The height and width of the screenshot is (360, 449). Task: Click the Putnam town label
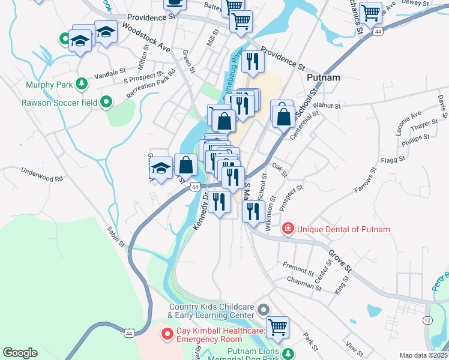point(323,77)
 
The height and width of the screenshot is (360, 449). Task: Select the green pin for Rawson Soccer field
point(106,103)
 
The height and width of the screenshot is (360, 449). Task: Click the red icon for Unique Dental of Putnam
point(288,229)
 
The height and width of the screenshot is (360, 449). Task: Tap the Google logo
point(20,353)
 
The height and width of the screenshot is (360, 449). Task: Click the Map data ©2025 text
point(423,355)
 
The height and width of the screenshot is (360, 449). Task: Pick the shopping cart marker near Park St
point(277,328)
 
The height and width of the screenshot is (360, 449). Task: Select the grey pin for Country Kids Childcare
point(264,310)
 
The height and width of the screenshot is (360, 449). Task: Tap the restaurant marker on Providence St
point(253,61)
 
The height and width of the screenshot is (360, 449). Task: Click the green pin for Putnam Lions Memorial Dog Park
point(288,354)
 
